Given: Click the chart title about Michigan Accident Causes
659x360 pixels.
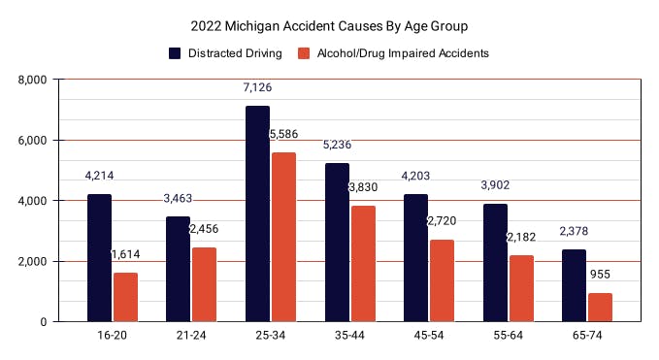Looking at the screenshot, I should (x=330, y=23).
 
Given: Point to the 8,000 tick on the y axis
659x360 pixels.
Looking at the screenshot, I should (x=36, y=80).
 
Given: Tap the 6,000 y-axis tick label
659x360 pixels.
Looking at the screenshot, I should (x=36, y=140).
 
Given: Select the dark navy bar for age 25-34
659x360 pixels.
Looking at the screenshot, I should (x=257, y=213).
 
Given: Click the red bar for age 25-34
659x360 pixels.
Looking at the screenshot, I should (x=283, y=237).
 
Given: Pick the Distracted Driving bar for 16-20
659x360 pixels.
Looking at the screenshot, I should (x=99, y=257).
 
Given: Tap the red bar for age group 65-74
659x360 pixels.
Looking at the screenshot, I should (x=601, y=307).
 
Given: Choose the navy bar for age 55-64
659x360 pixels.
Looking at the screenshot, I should (x=495, y=262).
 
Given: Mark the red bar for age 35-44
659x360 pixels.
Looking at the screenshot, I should (x=363, y=263).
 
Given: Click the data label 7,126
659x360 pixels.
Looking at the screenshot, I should (x=258, y=88).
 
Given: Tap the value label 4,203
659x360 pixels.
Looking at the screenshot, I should (x=416, y=177).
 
